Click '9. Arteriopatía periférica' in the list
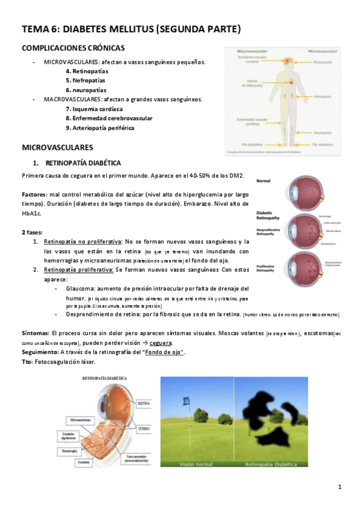[x=99, y=128]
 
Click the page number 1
[x=340, y=487]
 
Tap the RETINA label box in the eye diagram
[x=144, y=402]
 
